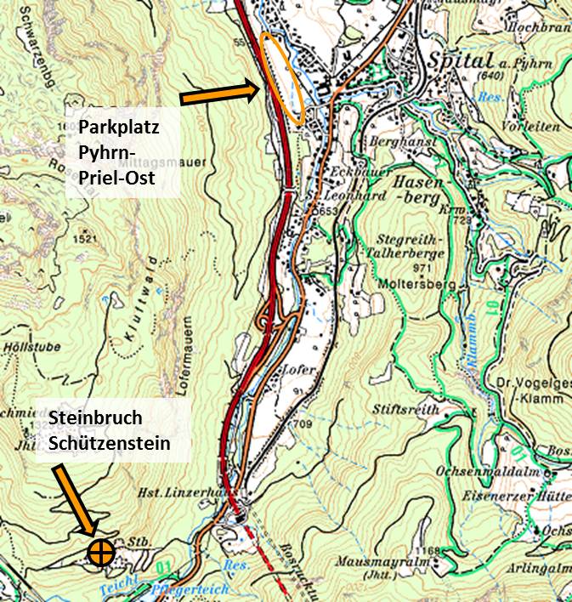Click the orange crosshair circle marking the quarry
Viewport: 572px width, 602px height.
[x=101, y=552]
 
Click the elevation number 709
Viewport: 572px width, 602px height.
[x=304, y=423]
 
